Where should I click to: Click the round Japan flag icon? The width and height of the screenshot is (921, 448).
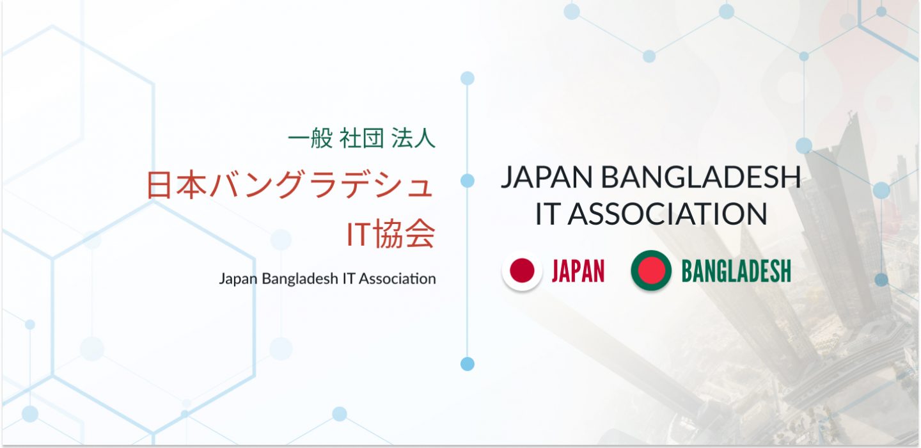point(522,271)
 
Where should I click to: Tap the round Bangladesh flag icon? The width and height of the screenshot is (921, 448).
point(651,271)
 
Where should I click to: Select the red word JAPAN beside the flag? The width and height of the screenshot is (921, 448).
point(578,271)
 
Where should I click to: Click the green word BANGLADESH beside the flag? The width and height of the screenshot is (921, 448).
point(736,271)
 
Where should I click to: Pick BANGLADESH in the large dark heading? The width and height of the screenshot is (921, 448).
point(701,177)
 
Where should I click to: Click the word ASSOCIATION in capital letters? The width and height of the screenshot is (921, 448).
point(668,214)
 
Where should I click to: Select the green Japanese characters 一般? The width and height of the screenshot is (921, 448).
point(310,138)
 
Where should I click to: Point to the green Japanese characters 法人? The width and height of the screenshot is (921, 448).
point(413,138)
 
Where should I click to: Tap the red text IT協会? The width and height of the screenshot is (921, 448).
point(391,233)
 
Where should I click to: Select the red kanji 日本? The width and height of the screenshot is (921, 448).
point(176,185)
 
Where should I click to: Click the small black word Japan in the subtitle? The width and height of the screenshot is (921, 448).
point(238,279)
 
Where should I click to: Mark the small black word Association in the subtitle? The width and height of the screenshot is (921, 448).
point(397,278)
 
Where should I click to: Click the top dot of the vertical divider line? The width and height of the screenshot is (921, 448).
point(467,78)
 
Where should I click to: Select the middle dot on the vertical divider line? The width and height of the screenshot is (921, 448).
point(467,180)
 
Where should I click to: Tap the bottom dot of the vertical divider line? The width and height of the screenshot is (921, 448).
point(467,364)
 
